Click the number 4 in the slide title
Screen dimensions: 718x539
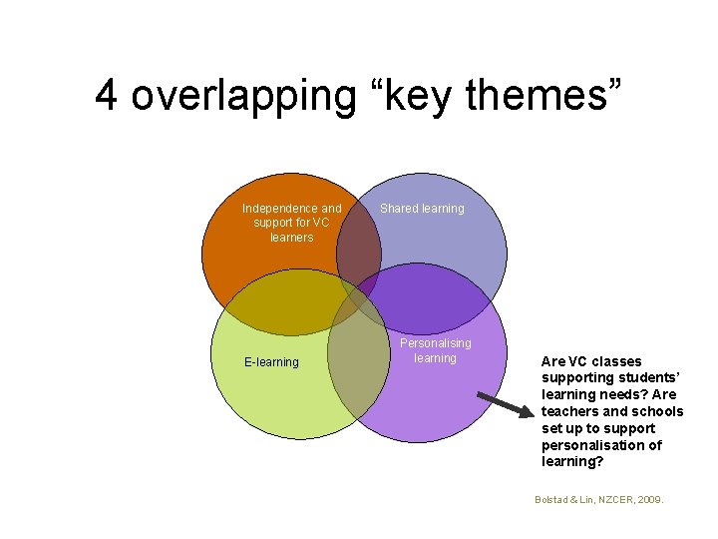pos(108,95)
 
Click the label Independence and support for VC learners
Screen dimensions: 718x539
pos(291,223)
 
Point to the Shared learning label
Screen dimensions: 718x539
pos(422,209)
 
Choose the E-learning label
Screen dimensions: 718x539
pos(271,362)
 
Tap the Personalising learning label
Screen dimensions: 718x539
pos(436,350)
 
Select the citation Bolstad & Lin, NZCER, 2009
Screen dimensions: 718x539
pos(598,497)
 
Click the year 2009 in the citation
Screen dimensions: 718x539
pos(650,497)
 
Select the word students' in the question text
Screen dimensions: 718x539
pos(625,378)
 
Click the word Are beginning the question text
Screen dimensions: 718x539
pos(552,361)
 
